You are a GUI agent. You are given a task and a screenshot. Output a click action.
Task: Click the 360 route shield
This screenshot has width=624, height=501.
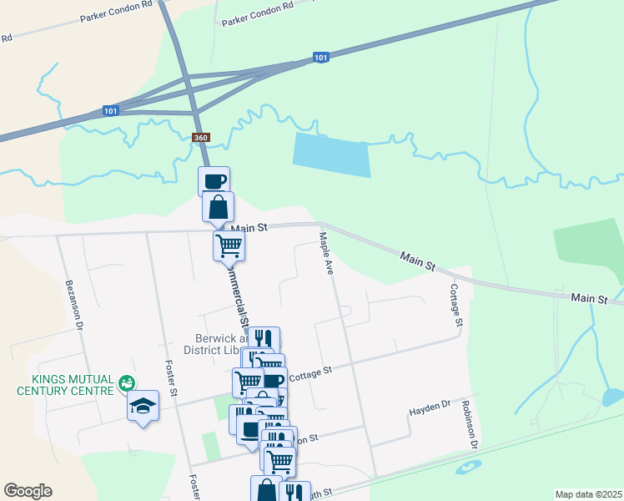pos(200,137)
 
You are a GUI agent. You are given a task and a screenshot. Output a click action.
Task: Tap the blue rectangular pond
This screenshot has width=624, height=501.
pos(331,154)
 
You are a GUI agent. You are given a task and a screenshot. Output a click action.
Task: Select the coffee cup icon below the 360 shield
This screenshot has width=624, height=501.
pos(214,180)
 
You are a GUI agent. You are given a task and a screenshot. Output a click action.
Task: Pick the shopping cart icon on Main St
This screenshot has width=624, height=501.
pos(229,245)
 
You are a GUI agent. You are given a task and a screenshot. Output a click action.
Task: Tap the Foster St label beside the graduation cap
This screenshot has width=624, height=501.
pos(170,378)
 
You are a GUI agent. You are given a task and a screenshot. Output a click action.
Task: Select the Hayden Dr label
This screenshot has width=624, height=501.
pos(429,408)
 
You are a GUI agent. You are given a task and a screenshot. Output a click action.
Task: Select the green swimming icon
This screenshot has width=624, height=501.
pos(126,383)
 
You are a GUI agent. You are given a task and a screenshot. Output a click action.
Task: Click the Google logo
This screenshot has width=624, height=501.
pos(28,491)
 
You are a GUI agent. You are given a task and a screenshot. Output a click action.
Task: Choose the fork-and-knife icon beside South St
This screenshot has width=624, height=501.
pos(294,493)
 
